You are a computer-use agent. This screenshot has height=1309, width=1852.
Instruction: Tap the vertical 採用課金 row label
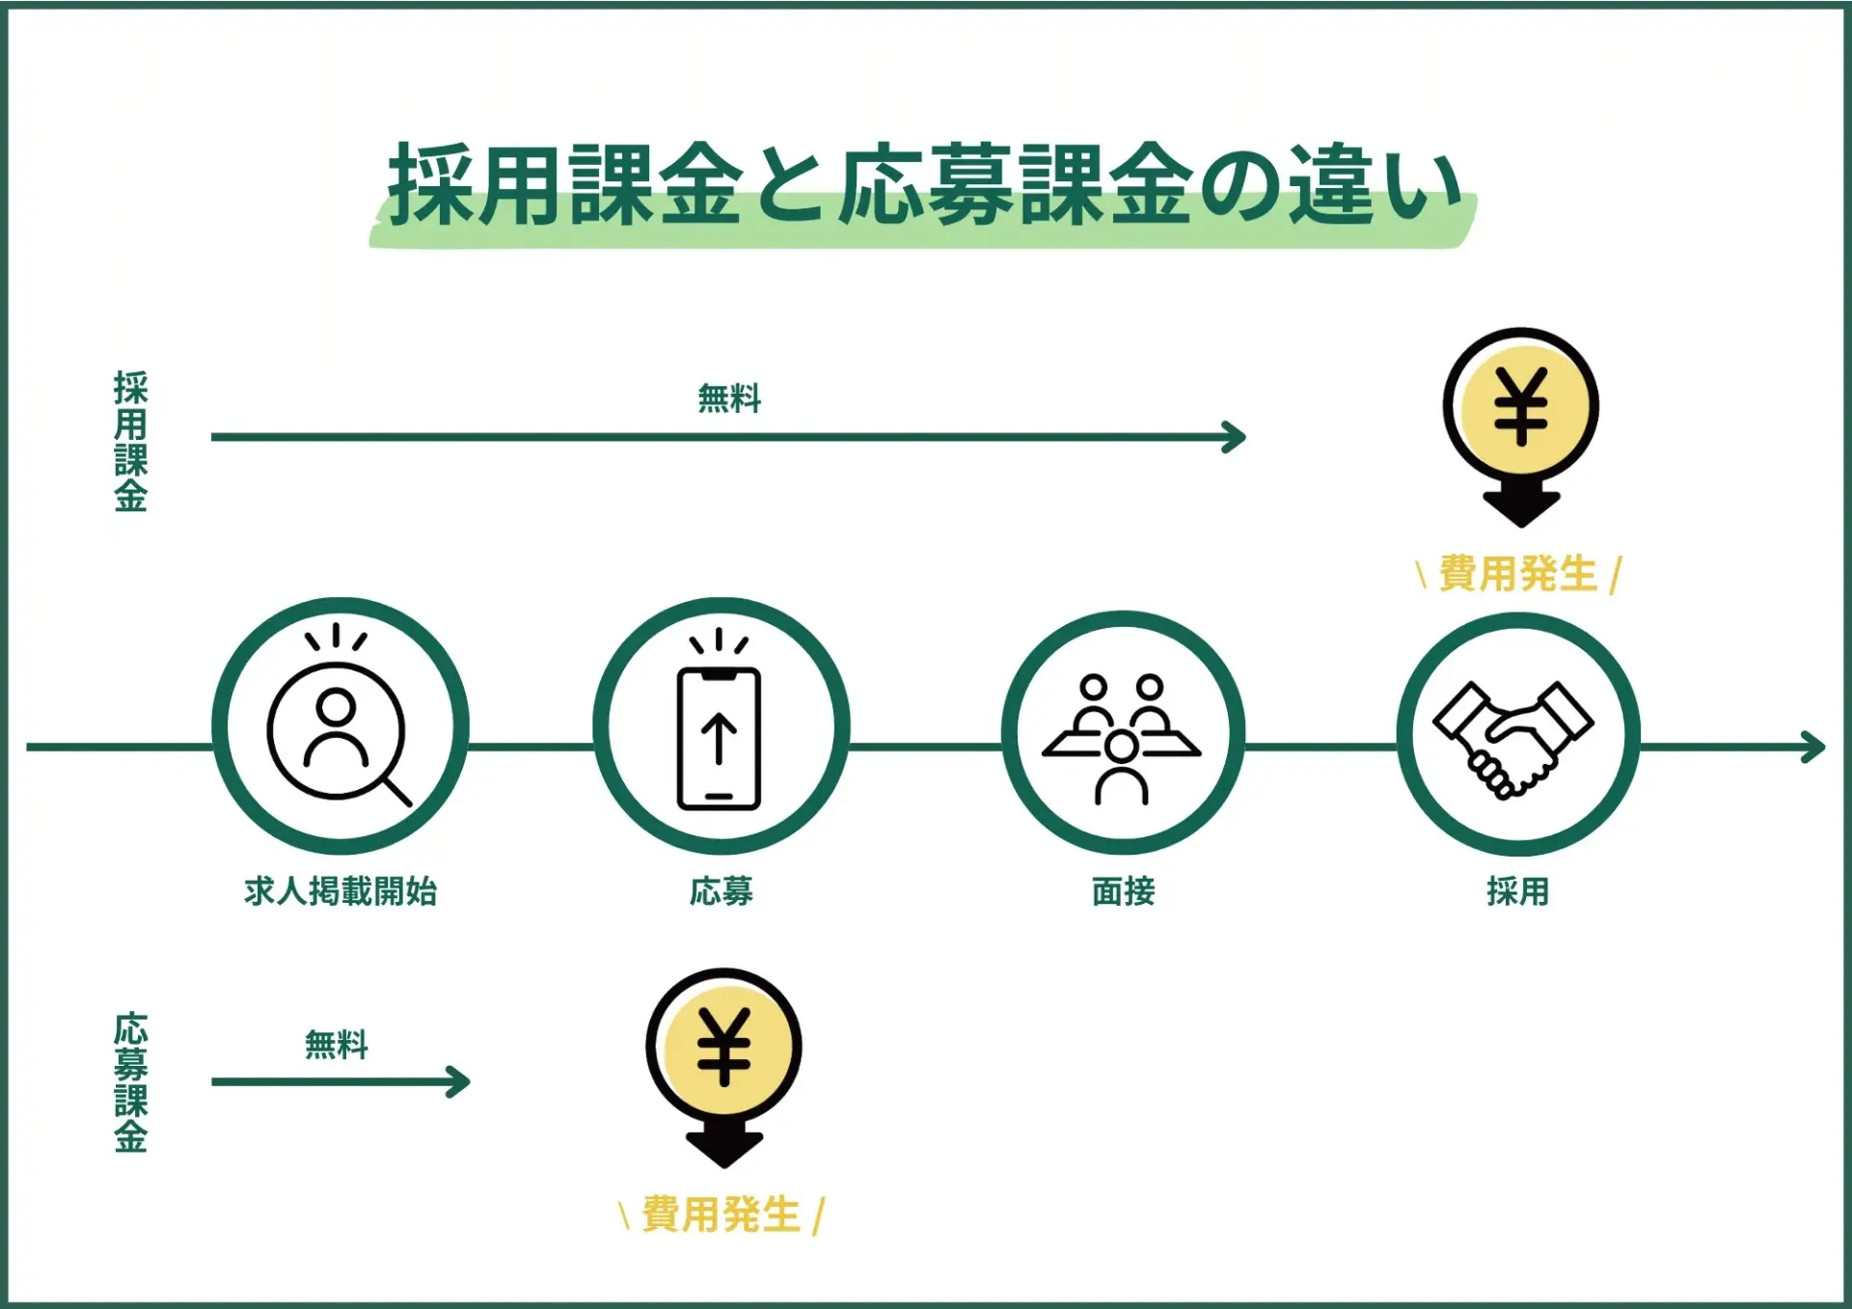(131, 441)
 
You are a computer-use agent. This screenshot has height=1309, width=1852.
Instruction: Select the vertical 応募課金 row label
(131, 1082)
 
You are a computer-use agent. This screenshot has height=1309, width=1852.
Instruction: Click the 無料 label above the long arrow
(729, 397)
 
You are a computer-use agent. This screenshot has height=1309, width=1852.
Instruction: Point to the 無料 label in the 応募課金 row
(337, 1044)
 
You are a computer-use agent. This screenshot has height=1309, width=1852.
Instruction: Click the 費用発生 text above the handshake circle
(1518, 574)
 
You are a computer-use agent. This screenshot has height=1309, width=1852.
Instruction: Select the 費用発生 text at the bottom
(722, 1214)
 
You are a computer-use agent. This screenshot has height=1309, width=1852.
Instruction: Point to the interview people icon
(1122, 738)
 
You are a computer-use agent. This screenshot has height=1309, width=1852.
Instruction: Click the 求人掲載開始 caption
(340, 891)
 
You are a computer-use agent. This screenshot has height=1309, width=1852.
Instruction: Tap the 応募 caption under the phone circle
(722, 891)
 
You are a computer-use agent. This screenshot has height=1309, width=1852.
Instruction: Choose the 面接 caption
(1124, 891)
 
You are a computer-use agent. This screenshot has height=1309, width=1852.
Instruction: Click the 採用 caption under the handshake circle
(1518, 891)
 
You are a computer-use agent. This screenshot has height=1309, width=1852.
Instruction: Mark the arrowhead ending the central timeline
(1813, 747)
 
